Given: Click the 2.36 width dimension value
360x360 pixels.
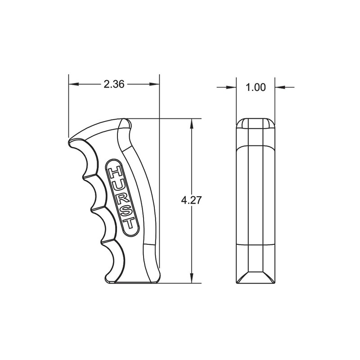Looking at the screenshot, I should click(x=114, y=84).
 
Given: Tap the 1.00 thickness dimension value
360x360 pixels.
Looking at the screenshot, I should click(x=256, y=87).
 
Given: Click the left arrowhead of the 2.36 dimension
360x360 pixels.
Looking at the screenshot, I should click(x=72, y=84).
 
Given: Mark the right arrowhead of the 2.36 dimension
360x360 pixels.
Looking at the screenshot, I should click(x=156, y=84).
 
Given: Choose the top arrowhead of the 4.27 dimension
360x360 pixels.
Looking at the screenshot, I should click(x=192, y=122).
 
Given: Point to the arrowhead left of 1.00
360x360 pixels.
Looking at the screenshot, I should click(x=233, y=87).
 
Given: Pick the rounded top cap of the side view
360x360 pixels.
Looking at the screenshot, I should click(x=256, y=123).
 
